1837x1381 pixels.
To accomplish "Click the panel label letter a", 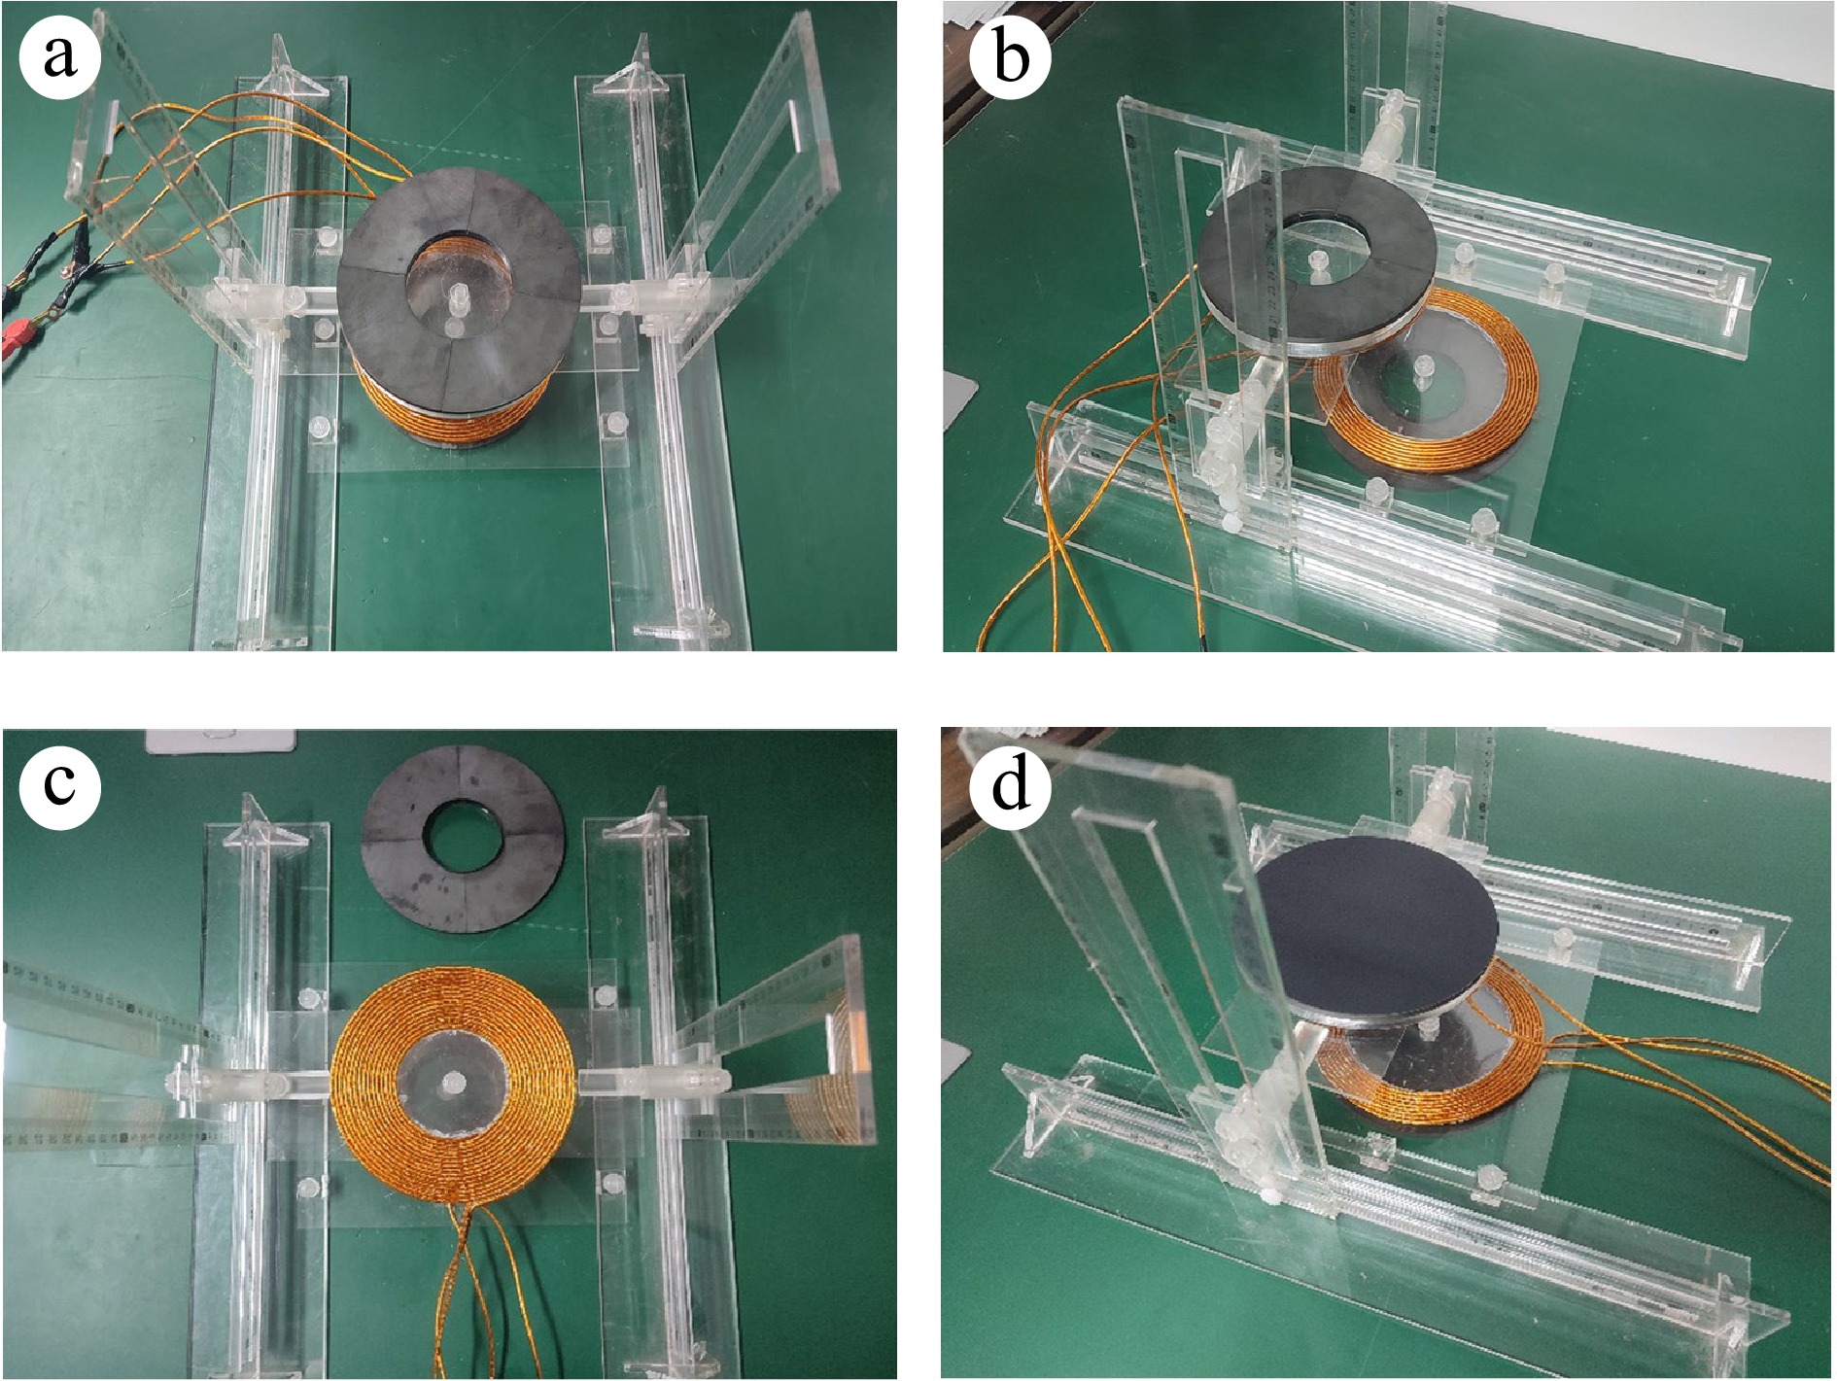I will (x=59, y=56).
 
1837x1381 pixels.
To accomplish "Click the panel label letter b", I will (x=1011, y=56).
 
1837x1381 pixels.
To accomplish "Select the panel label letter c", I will (x=59, y=783).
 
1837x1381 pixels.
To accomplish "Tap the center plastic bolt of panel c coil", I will (x=454, y=1084).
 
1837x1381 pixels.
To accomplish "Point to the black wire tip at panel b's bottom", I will (x=1202, y=642).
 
